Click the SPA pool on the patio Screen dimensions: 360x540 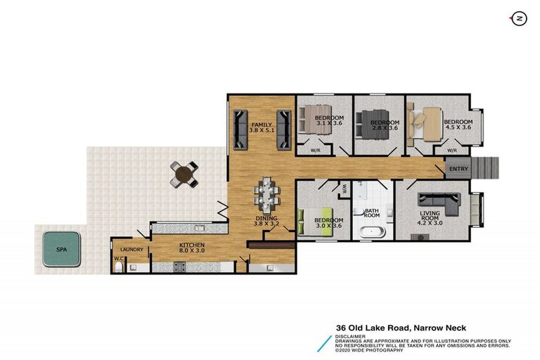[x=60, y=247]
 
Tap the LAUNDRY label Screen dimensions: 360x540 [x=132, y=250]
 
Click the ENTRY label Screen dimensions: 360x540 [x=458, y=169]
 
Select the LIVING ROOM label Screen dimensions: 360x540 [x=430, y=216]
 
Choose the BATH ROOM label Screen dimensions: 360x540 [x=372, y=212]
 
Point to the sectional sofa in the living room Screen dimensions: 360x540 [x=437, y=203]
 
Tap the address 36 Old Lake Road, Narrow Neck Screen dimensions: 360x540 [x=401, y=328]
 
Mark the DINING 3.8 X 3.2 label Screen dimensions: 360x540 [x=267, y=222]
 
